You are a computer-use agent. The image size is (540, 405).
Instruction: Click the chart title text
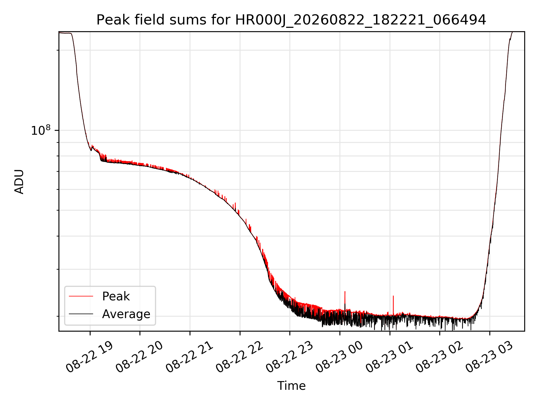[x=291, y=20]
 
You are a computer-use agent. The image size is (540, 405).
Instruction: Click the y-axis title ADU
[x=19, y=182]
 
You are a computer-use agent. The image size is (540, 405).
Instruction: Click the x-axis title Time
[x=291, y=386]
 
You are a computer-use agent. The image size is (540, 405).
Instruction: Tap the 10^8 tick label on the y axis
[x=41, y=130]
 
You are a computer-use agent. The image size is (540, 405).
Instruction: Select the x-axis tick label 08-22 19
[x=89, y=357]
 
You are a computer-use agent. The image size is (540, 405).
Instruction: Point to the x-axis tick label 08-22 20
[x=139, y=357]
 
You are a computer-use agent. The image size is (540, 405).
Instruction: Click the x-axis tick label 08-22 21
[x=189, y=357]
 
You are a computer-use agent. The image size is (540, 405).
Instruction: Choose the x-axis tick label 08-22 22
[x=239, y=357]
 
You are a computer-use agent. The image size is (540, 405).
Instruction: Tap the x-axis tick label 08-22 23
[x=289, y=357]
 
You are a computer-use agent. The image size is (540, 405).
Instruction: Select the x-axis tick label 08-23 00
[x=339, y=357]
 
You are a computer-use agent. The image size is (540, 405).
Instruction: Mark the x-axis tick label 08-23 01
[x=389, y=357]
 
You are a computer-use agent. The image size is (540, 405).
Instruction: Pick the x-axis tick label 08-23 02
[x=439, y=357]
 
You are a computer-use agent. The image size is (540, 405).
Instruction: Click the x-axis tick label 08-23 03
[x=489, y=357]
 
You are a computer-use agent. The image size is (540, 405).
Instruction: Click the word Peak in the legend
[x=116, y=296]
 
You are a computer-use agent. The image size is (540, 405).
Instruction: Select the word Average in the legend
[x=126, y=314]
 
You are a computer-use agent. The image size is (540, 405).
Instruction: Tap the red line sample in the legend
[x=81, y=296]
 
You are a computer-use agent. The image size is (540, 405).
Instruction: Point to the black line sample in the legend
[x=81, y=314]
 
